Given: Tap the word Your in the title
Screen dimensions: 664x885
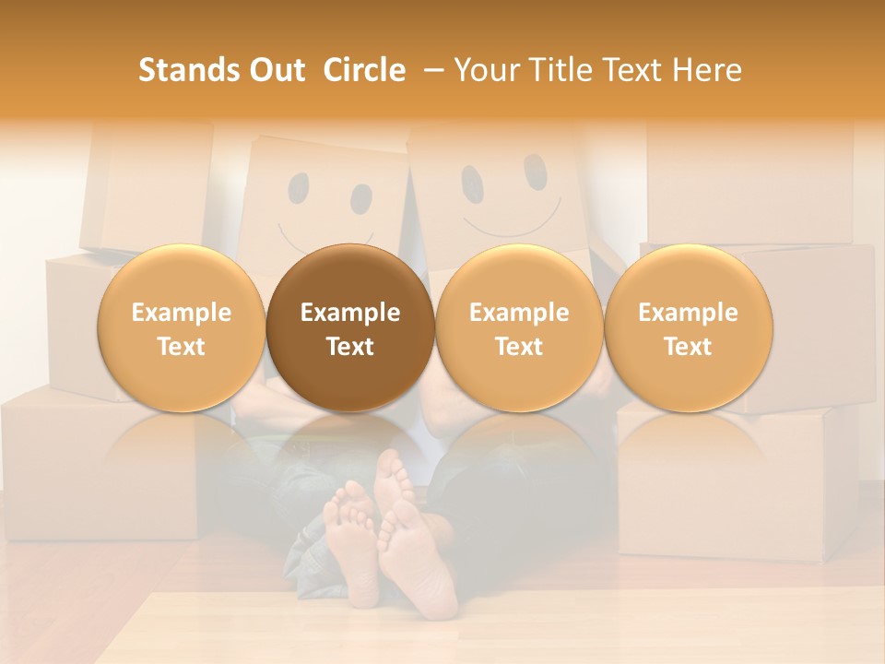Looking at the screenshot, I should (x=487, y=70).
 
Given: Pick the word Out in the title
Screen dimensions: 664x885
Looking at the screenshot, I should (x=275, y=70).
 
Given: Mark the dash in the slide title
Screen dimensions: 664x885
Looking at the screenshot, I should (x=431, y=70).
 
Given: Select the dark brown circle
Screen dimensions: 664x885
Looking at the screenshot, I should (x=350, y=327).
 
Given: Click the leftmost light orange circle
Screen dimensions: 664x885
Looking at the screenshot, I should (x=182, y=327).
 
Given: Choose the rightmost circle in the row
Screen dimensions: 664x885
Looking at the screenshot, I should (x=689, y=327).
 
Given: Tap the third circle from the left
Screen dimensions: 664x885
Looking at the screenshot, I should (x=519, y=327).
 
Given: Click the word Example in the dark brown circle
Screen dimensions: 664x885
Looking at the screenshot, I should (x=350, y=313).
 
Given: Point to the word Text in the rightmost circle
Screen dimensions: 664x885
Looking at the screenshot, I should (x=689, y=347).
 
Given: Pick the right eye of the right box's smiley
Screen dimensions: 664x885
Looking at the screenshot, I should (x=536, y=168).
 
